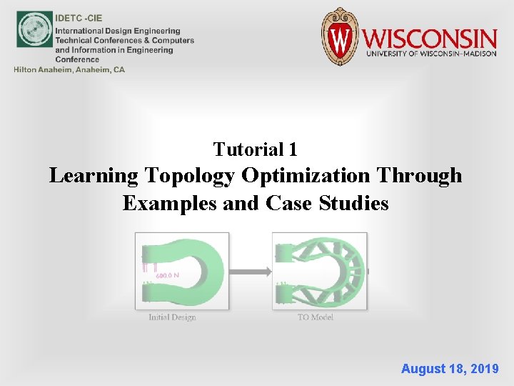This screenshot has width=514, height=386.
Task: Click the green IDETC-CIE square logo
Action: [34, 29]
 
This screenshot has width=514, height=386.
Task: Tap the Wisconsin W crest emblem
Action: [338, 36]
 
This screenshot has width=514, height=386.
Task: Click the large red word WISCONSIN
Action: [429, 37]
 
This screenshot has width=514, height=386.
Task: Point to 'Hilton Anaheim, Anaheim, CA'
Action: [69, 69]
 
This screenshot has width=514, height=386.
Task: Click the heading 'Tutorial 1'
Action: [256, 149]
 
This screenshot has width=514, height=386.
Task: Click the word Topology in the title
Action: [189, 176]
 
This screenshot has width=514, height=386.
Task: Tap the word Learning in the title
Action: [94, 176]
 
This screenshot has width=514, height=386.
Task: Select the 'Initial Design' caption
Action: [172, 317]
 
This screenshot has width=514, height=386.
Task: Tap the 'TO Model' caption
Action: [316, 317]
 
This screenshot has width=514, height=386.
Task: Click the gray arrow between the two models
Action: [250, 272]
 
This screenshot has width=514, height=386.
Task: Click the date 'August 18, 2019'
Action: [450, 369]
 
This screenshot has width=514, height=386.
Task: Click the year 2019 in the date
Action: [483, 369]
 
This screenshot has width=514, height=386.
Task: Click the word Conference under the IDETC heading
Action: [77, 59]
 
